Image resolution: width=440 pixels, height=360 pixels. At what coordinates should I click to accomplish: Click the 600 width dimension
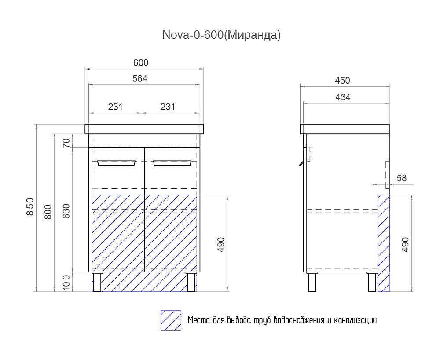point(141,63)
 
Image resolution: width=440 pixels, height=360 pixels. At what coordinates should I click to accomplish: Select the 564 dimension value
point(139,79)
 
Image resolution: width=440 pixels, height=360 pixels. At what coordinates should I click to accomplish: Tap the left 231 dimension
point(115,107)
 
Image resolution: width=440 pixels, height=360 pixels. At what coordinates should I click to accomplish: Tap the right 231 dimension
point(168,107)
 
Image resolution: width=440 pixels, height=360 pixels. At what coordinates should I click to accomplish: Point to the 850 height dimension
point(29,207)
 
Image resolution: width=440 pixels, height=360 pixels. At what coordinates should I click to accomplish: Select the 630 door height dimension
point(66,210)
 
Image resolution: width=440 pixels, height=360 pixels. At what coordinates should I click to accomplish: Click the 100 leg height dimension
point(66,282)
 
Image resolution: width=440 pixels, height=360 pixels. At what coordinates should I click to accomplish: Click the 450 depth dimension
point(342,81)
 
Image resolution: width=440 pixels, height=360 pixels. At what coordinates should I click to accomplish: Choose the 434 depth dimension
point(342,97)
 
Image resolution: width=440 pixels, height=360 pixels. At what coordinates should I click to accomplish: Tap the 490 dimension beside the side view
point(405,244)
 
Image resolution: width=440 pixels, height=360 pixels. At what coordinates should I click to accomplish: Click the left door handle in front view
point(117,163)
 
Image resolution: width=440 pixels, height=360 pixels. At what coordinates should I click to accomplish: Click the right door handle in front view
point(172,163)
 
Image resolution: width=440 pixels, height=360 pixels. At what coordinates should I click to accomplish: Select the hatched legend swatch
point(171,321)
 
